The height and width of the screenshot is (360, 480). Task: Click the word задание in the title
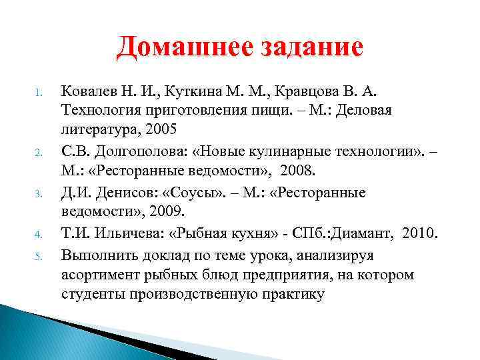coord(305,48)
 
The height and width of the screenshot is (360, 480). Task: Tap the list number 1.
coord(39,91)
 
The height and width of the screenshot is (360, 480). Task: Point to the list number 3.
coord(39,195)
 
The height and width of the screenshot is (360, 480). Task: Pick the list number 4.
coord(39,235)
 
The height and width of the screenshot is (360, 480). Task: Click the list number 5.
coord(39,256)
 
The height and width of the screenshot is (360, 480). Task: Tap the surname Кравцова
coord(299,89)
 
